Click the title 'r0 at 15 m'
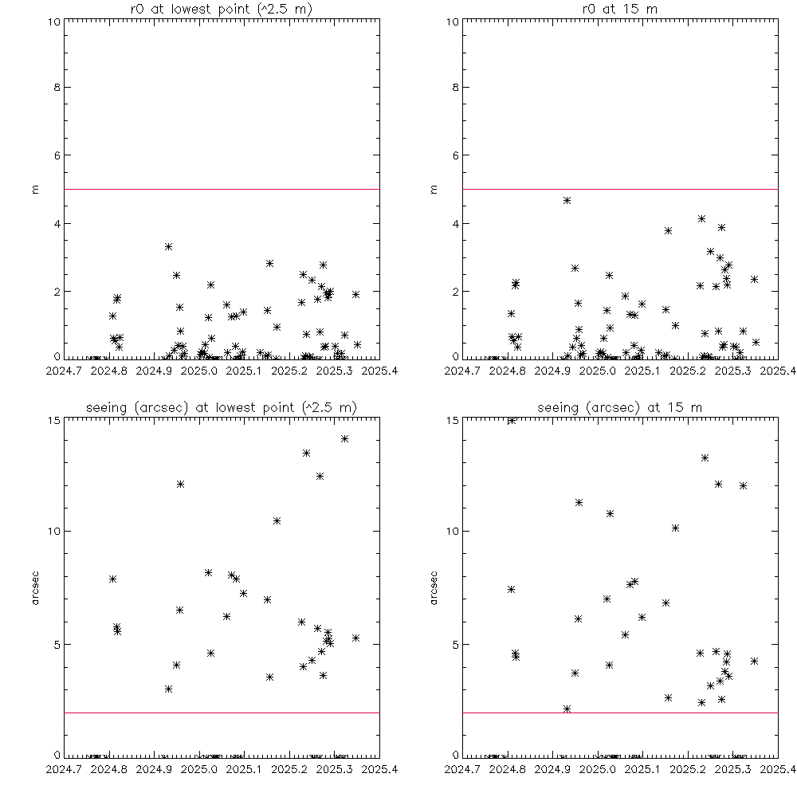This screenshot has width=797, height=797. click(619, 8)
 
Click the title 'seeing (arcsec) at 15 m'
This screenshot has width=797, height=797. click(619, 407)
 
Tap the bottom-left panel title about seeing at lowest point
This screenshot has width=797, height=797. click(221, 407)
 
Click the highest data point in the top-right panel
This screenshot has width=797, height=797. click(567, 200)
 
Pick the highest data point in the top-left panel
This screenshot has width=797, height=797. click(168, 246)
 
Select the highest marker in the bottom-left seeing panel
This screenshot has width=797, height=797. click(344, 438)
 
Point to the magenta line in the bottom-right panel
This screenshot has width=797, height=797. click(619, 713)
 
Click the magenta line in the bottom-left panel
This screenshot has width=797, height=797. click(221, 713)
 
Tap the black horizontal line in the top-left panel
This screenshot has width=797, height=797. click(221, 189)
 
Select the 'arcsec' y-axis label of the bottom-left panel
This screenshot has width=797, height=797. click(36, 587)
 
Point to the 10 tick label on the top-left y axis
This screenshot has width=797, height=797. click(52, 22)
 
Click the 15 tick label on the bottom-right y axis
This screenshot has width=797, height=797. click(450, 420)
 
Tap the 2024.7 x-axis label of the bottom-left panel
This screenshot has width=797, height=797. click(64, 769)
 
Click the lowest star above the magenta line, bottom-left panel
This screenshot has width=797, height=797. click(168, 689)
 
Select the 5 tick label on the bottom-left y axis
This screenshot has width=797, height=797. click(56, 644)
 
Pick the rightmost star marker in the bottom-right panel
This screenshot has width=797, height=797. click(754, 661)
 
